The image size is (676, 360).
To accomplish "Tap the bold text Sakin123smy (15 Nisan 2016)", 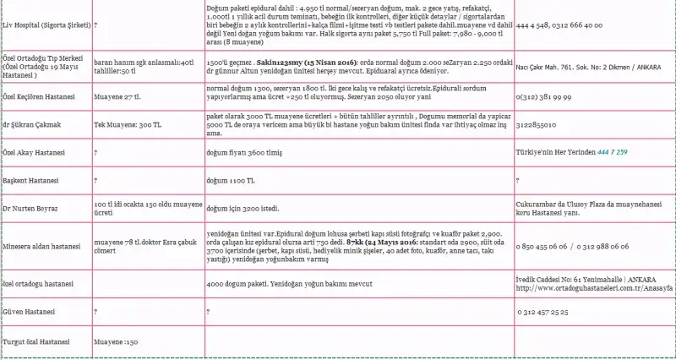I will (x=295, y=62).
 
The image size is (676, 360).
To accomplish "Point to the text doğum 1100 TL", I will (x=230, y=180).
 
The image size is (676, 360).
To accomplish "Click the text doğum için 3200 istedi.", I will (x=245, y=208).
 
